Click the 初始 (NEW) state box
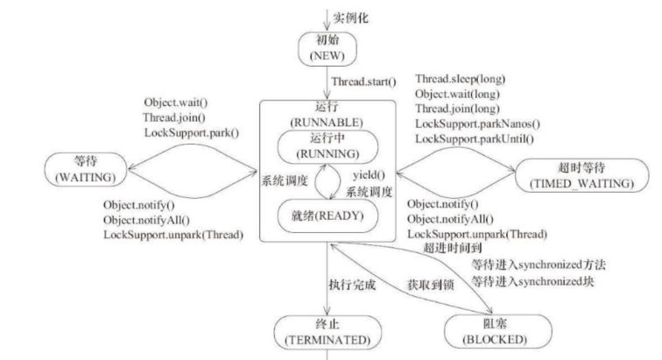(x=326, y=49)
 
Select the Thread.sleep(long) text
(x=460, y=79)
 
